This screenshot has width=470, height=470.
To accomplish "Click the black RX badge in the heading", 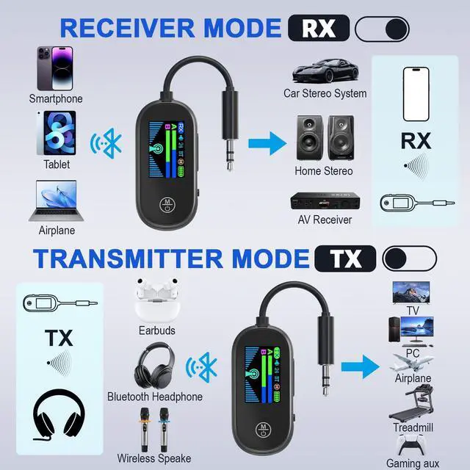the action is [x=318, y=28].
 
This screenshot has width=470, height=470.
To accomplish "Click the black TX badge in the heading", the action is [x=345, y=258].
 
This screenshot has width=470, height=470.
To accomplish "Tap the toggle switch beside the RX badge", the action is [x=382, y=29].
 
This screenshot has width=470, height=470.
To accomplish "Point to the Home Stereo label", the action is [x=324, y=171].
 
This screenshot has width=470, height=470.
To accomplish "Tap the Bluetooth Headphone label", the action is [x=155, y=397].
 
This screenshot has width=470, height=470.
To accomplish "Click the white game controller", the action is [x=412, y=446].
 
